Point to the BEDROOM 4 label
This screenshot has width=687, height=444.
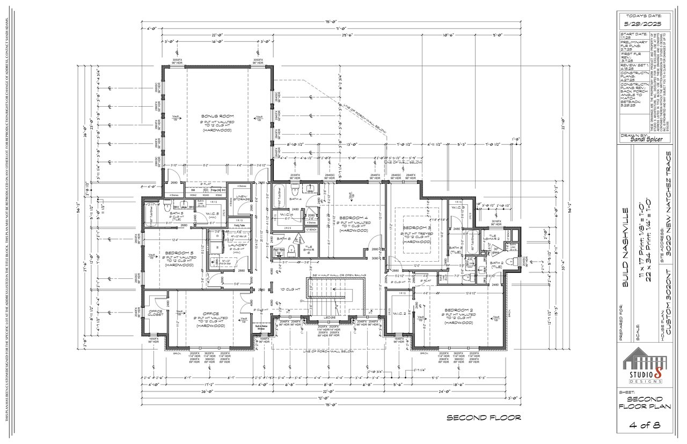(353, 217)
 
